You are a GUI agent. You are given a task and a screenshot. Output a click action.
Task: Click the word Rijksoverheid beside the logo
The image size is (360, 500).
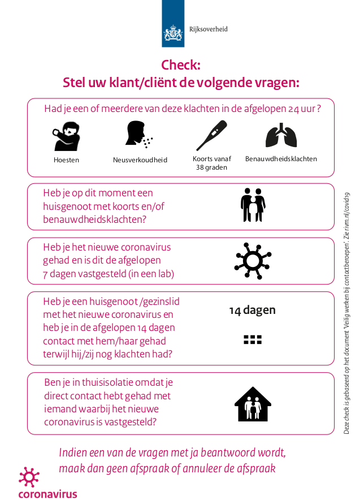209,29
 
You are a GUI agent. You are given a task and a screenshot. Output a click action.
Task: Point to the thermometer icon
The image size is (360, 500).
211,136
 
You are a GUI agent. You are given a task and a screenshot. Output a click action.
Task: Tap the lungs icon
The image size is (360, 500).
281,136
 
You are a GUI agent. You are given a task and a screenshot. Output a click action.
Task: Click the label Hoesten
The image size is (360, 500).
66,160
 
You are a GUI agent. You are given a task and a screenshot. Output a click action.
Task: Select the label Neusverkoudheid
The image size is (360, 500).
140,160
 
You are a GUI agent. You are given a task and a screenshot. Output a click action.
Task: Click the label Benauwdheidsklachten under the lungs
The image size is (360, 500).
281,159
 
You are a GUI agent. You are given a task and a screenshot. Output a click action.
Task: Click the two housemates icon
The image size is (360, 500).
253,205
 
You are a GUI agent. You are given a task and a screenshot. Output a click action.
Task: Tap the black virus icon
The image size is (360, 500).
253,260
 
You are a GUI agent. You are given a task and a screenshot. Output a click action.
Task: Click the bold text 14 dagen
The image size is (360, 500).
252,310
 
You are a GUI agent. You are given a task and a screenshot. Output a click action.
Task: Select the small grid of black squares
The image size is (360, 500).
253,339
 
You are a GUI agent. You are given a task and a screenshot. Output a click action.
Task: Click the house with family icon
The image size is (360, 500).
253,404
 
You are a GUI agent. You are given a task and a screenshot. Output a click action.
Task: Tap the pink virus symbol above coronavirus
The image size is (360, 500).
29,477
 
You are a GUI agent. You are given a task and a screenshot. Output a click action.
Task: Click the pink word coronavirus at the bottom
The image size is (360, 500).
47,494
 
